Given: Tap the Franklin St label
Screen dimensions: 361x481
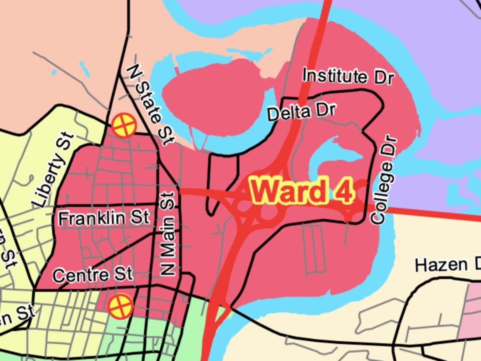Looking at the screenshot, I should coord(103,218).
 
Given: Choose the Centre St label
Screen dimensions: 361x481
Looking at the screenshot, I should coord(92,275).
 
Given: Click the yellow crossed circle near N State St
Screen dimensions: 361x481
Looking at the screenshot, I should coord(123,126).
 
